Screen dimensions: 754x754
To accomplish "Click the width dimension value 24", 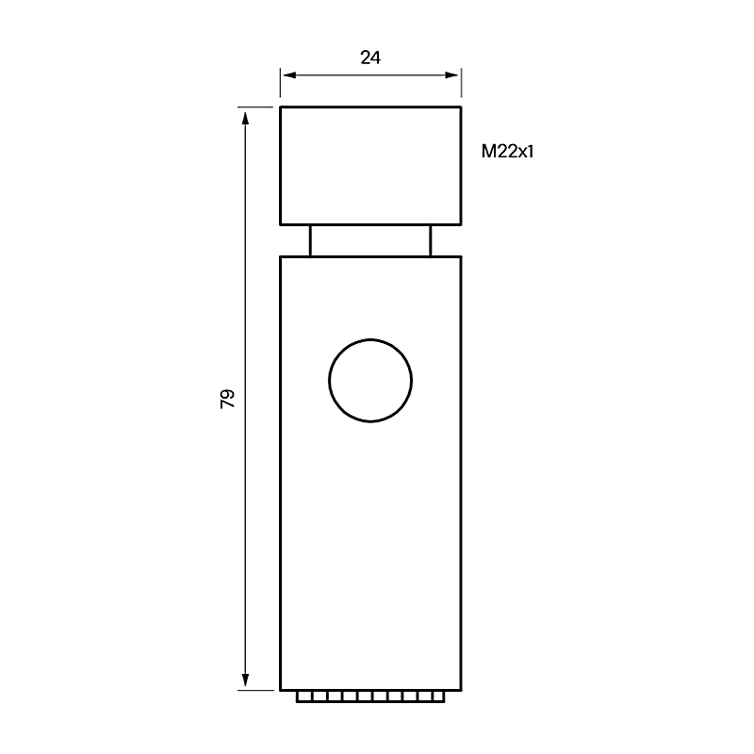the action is coord(370,57).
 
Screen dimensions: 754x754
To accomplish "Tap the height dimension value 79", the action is coord(227,399).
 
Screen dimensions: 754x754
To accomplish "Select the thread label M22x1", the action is coord(507,152).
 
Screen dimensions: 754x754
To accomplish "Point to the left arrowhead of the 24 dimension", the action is coord(290,75).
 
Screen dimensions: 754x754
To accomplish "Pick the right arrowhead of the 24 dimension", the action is coord(451,75).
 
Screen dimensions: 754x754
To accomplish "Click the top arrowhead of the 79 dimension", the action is coord(246,118).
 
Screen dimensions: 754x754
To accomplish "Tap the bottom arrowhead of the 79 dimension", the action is coord(246,680).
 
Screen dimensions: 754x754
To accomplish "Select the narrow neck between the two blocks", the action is coord(370,240).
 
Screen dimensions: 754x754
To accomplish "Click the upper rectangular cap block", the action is coord(370,166).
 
